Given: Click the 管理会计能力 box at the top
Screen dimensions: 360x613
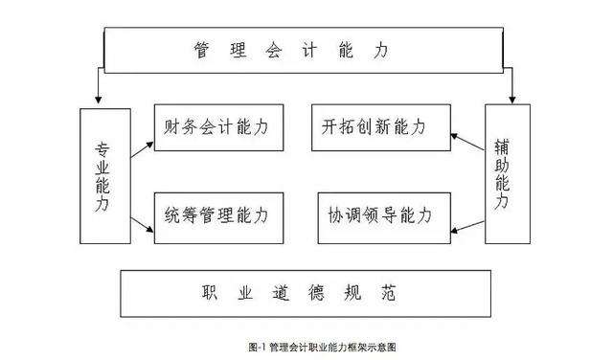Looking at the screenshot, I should point(306,50).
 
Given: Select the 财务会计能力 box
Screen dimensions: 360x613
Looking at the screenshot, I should point(218,126).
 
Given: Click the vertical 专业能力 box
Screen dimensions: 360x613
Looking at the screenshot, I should point(104,174).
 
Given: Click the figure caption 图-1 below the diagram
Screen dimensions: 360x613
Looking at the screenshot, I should point(306,347).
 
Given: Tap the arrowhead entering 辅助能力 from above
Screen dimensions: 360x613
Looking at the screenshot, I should point(513,98).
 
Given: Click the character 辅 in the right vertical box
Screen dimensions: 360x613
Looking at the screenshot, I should point(504,148).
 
